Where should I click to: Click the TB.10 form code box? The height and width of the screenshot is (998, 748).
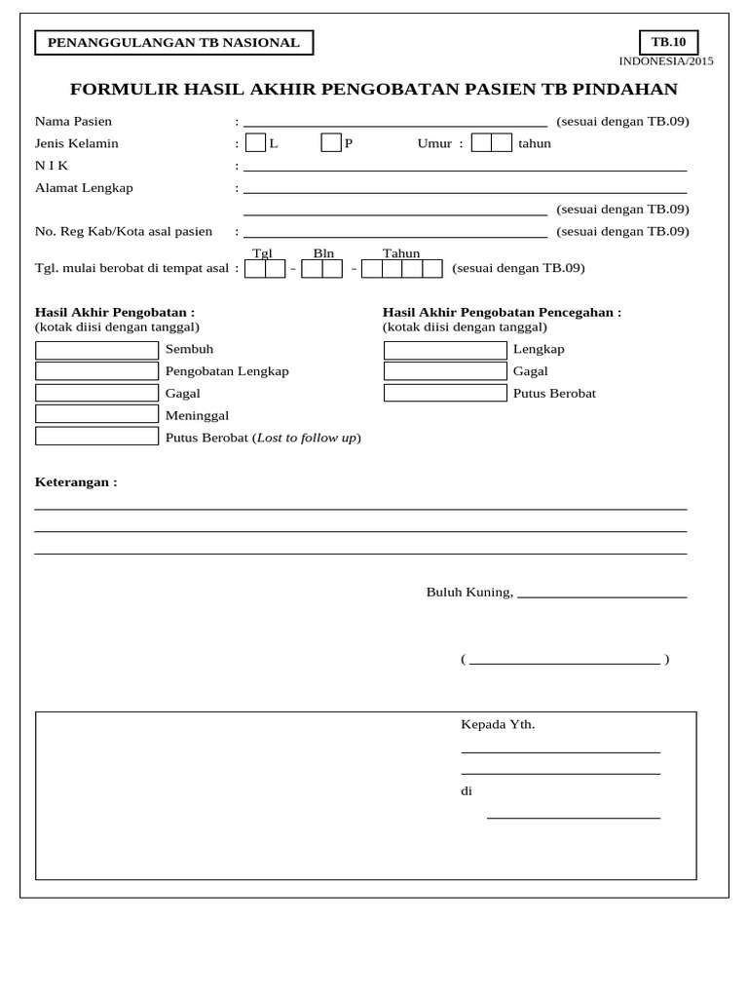668,42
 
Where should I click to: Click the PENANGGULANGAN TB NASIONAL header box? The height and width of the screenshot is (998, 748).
174,43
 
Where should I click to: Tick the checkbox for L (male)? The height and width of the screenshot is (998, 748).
255,143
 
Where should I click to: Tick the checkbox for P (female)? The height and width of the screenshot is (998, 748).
331,143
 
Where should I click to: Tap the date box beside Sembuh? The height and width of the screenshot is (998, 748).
96,350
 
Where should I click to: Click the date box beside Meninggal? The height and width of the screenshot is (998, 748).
96,414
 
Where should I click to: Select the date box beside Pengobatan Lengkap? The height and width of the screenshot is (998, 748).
96,371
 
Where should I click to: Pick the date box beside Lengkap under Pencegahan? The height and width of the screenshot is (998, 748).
445,350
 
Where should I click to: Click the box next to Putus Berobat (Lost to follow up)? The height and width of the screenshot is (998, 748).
96,437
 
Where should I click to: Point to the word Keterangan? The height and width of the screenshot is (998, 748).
75,482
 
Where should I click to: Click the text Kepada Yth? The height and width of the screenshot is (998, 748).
498,724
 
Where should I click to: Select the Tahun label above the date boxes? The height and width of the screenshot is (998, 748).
401,253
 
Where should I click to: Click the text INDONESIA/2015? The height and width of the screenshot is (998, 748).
666,61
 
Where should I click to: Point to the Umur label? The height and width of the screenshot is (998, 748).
434,143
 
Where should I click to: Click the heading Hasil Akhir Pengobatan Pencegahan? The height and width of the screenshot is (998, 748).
501,312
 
